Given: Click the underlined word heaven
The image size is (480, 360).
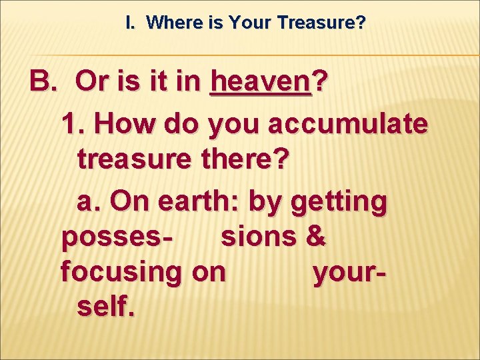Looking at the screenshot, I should pos(261,82).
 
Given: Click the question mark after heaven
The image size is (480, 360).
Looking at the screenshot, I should pos(320,82).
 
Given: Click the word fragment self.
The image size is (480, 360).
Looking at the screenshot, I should pos(105,307).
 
